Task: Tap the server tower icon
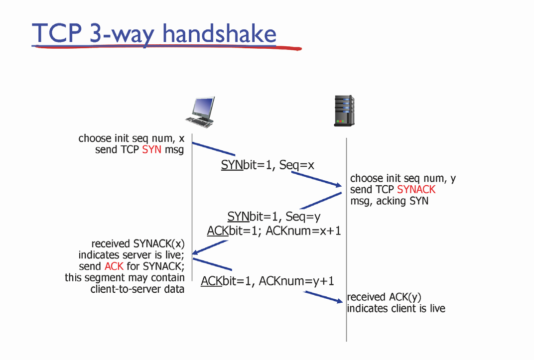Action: point(344,110)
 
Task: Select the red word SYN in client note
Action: point(152,149)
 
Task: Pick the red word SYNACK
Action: point(416,190)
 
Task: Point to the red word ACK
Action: point(114,266)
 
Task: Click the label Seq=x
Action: point(297,165)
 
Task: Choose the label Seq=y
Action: point(303,217)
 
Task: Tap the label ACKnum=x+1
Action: point(303,231)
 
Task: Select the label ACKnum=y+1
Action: point(296,281)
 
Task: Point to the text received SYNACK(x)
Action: point(138,244)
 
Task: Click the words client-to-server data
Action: point(137,289)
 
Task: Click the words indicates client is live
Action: point(396,309)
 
